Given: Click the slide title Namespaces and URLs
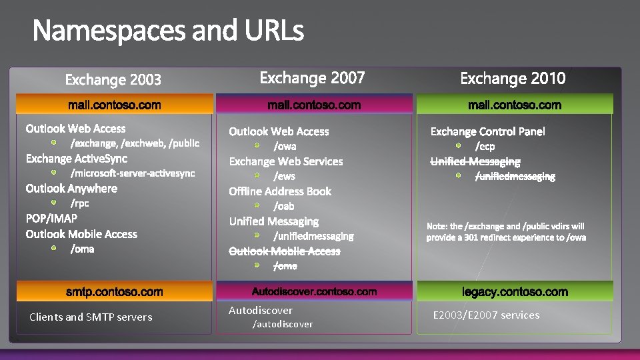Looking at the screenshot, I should pyautogui.click(x=168, y=31).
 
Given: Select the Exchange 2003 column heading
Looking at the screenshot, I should pyautogui.click(x=113, y=80).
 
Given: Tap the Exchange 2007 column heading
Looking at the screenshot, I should pyautogui.click(x=312, y=78).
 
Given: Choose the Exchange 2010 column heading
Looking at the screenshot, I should pyautogui.click(x=513, y=79).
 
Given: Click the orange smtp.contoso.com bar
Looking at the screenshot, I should pyautogui.click(x=114, y=292).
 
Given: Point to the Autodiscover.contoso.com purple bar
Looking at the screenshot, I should pyautogui.click(x=314, y=291).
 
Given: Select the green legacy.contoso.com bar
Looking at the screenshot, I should pyautogui.click(x=515, y=292).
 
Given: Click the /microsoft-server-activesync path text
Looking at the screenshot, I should pyautogui.click(x=133, y=173).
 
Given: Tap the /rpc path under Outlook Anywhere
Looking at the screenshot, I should pyautogui.click(x=80, y=203).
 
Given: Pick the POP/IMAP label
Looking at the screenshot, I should pyautogui.click(x=51, y=218).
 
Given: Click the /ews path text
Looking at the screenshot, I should pyautogui.click(x=285, y=176).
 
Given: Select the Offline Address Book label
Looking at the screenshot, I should pyautogui.click(x=280, y=191).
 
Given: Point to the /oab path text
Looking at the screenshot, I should pyautogui.click(x=284, y=206).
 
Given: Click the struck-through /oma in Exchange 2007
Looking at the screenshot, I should pyautogui.click(x=285, y=266).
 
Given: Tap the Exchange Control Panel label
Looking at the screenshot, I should pyautogui.click(x=487, y=131).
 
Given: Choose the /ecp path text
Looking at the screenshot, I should pyautogui.click(x=485, y=146).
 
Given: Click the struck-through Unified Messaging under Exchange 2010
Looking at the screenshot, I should pyautogui.click(x=475, y=161).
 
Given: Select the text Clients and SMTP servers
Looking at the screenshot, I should pyautogui.click(x=91, y=317).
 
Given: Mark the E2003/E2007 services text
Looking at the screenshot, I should pyautogui.click(x=486, y=315).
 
